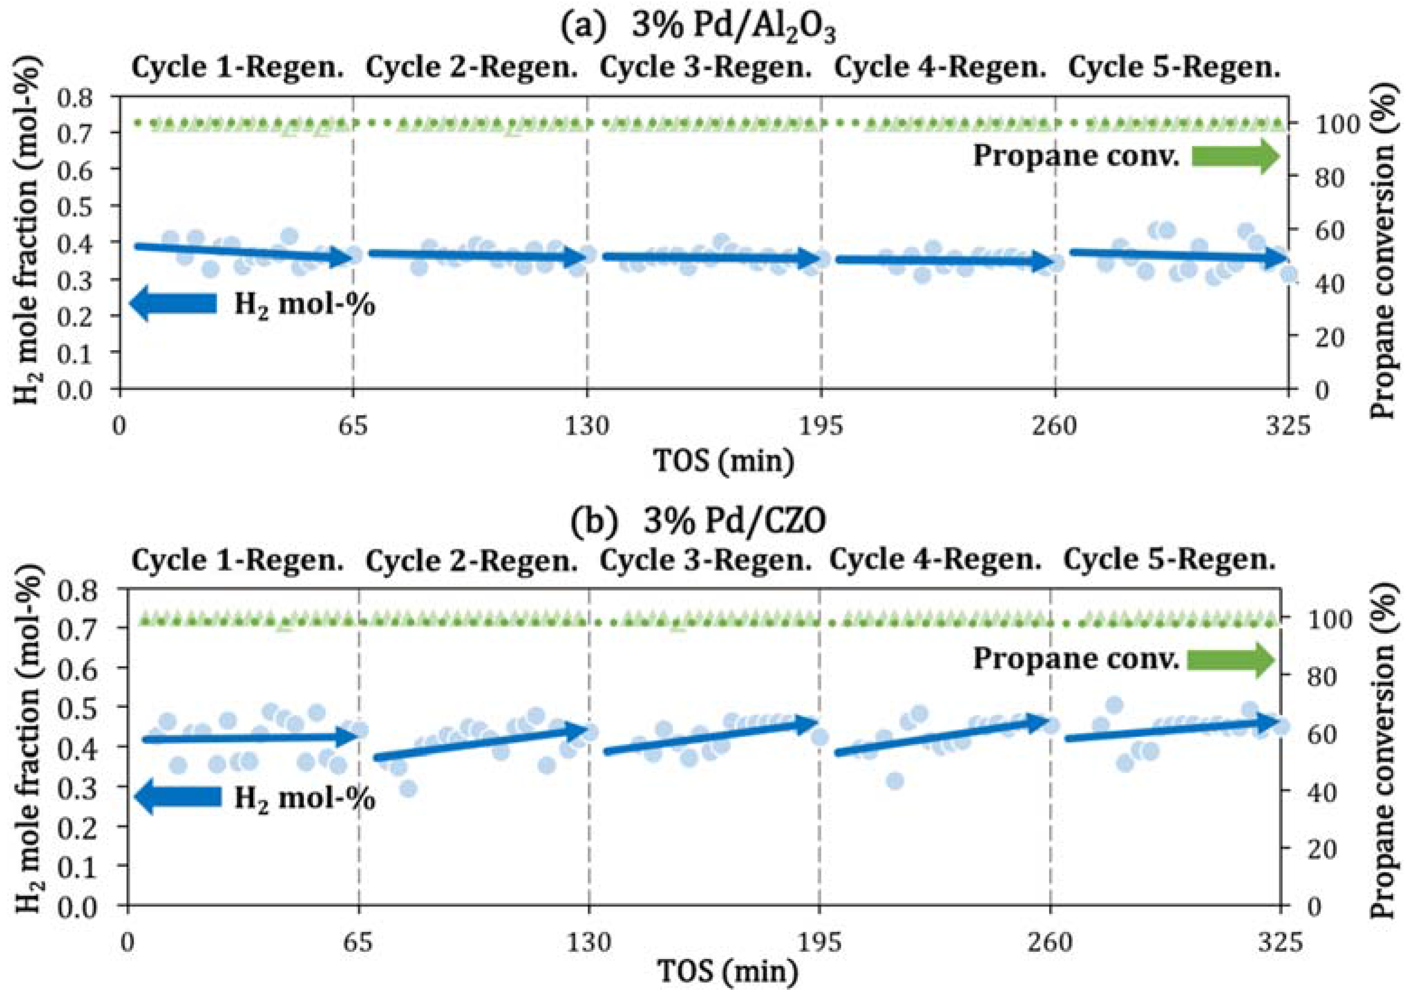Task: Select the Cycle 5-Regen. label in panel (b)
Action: click(1170, 560)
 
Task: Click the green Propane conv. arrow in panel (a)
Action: click(1235, 157)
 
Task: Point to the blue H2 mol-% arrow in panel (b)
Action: click(178, 797)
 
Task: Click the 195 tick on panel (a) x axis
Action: click(821, 425)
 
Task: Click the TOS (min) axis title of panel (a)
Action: click(724, 461)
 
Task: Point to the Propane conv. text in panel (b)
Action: click(1076, 659)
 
